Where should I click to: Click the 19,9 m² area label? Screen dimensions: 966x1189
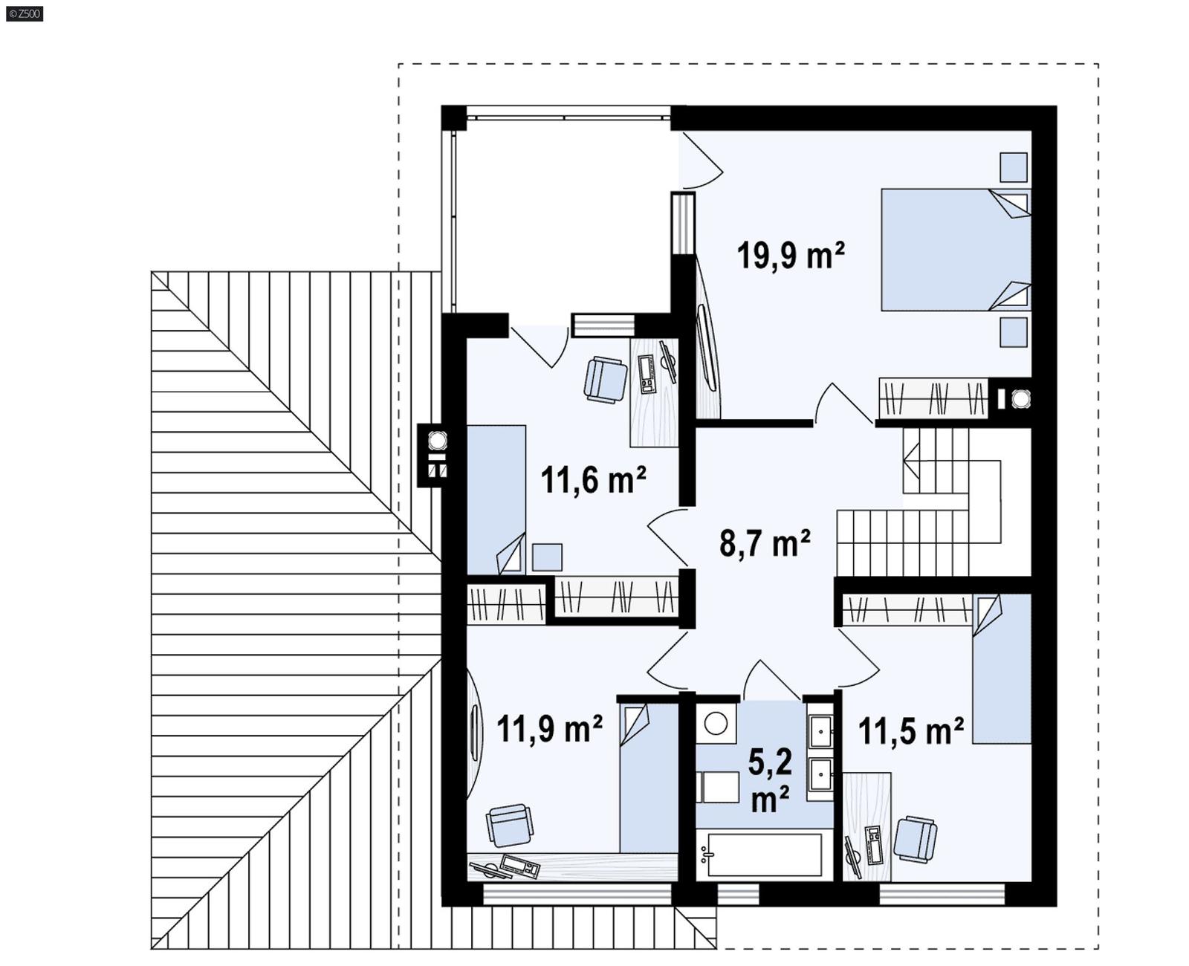pos(790,256)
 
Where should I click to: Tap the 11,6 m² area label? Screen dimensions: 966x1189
pos(592,481)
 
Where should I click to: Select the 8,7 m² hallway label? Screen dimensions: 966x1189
pos(764,544)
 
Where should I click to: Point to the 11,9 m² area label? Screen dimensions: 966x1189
pos(549,729)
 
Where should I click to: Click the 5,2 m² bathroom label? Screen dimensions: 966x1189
pos(769,781)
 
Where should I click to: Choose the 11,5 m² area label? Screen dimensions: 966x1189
pos(910,731)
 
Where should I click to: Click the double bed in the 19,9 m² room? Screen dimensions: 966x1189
pos(955,250)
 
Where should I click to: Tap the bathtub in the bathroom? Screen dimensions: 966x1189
pos(764,855)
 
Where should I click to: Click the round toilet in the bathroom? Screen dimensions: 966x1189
pos(716,722)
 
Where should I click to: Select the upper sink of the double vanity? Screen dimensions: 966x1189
pos(820,731)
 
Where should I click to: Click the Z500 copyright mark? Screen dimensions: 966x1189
pos(24,13)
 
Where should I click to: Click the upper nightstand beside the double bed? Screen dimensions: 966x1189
pos(1013,167)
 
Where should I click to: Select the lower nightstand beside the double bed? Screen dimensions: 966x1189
pos(1013,332)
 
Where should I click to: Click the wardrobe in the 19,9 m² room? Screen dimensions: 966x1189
pos(933,398)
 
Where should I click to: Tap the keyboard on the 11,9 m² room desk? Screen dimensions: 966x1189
pos(519,866)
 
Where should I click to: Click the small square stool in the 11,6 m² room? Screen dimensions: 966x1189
pos(547,557)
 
